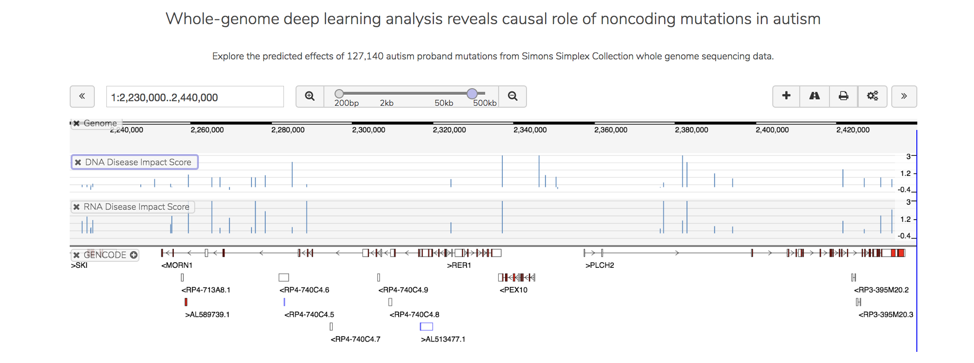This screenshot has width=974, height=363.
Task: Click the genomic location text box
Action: point(195,97)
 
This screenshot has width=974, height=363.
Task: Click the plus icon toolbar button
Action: point(786,96)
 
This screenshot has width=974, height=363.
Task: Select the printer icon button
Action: point(843,96)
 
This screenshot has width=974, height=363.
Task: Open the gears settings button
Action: point(873,96)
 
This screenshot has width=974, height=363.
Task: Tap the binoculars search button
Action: point(815,96)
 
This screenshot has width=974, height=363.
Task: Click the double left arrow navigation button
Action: point(82,97)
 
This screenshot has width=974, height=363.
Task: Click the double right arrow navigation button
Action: point(904,96)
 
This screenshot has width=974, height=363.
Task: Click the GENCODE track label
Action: point(105,255)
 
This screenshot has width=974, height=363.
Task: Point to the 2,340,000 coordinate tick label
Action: point(530,130)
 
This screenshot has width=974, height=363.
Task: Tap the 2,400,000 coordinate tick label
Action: point(772,130)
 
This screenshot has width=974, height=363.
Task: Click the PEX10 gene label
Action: point(513,290)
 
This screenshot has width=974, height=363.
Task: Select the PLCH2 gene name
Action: point(600,266)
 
